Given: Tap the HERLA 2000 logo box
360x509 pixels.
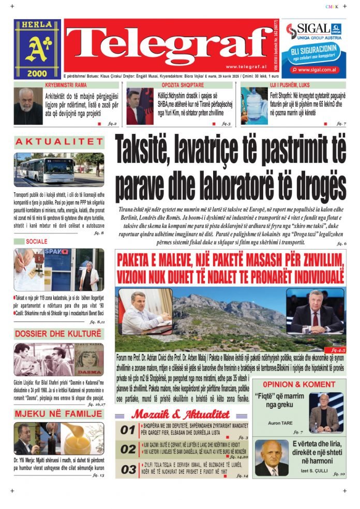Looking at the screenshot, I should point(37,49).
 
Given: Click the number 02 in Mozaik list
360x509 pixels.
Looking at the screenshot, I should point(128,450).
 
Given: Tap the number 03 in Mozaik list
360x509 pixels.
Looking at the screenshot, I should point(128,470).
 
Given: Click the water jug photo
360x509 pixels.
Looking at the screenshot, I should point(254,105).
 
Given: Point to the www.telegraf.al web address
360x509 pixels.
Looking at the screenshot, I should point(246,67).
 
